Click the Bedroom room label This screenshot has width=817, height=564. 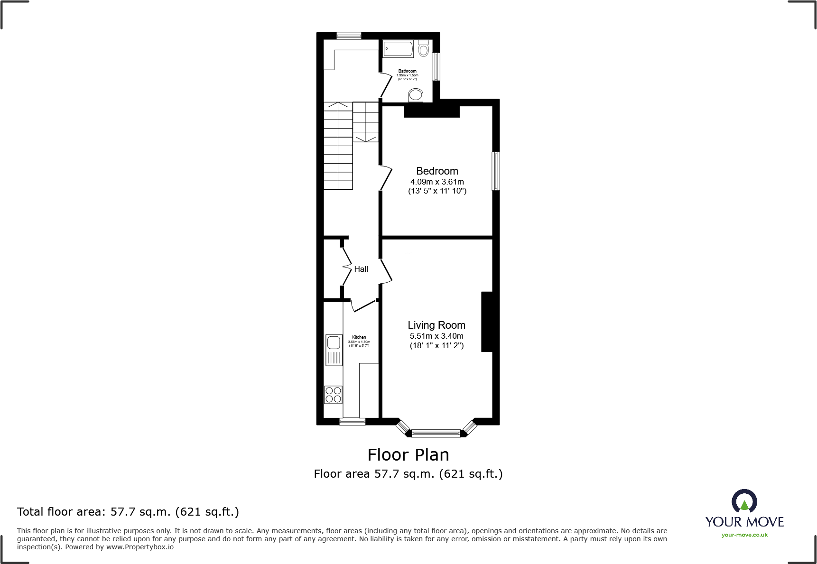click(x=437, y=171)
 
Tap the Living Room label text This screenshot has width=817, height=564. click(x=436, y=325)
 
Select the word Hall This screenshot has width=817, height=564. click(x=361, y=269)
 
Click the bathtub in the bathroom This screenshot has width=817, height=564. click(x=398, y=48)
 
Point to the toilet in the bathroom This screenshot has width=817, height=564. click(x=424, y=48)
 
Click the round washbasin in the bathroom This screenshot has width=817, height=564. click(x=416, y=95)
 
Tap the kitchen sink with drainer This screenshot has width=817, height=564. click(x=334, y=350)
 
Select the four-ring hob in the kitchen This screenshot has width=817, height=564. click(x=333, y=395)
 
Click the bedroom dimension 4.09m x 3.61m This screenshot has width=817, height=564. click(x=437, y=182)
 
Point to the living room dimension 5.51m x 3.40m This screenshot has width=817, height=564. click(x=436, y=336)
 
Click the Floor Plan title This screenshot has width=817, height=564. click(x=408, y=454)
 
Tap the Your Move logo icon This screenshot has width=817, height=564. click(x=744, y=501)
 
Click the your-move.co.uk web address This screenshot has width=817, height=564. click(x=744, y=535)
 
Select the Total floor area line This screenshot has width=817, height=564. click(x=128, y=512)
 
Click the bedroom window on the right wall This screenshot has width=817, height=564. click(x=495, y=171)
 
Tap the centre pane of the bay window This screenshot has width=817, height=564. click(x=436, y=433)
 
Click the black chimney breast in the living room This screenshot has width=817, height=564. click(x=487, y=322)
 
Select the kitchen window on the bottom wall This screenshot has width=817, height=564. click(x=352, y=421)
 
